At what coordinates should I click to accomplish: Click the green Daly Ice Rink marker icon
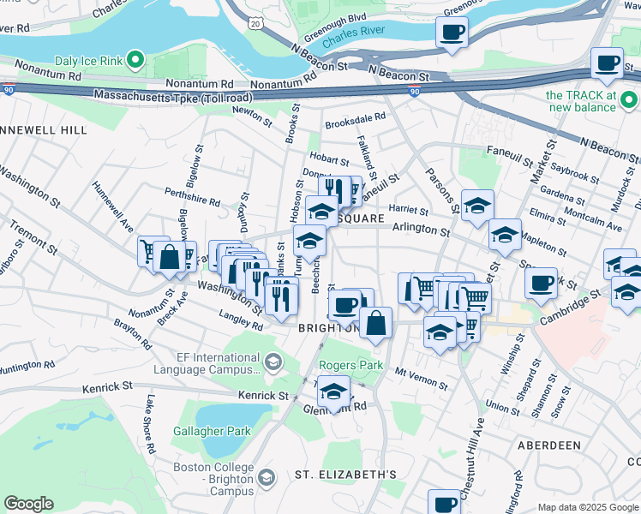[x=134, y=60]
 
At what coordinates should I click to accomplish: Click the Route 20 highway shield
[x=255, y=24]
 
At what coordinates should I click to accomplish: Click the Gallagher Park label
[x=212, y=431]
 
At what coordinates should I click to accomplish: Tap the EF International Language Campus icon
[x=273, y=362]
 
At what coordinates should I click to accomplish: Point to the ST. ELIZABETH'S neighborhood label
[x=345, y=475]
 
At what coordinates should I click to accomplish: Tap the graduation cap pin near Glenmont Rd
[x=333, y=391]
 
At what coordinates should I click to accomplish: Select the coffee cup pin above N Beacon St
[x=451, y=33]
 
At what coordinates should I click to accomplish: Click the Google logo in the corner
[x=29, y=504]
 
